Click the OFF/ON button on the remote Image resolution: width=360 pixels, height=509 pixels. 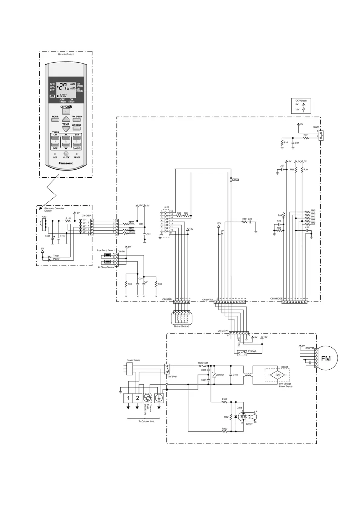(66, 111)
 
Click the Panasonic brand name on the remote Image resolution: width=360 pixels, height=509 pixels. (66, 163)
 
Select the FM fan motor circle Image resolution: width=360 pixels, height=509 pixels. (326, 358)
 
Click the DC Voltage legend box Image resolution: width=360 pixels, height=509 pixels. (301, 106)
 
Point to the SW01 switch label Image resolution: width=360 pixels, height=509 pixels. (316, 127)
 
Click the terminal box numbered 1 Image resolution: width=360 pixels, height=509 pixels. (128, 398)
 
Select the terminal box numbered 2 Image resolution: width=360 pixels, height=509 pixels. (138, 398)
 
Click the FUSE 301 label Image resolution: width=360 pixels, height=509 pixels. (203, 363)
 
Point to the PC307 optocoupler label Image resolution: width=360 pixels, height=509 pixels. (249, 424)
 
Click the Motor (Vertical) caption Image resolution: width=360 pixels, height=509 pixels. (182, 326)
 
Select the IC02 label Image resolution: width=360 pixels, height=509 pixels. (167, 208)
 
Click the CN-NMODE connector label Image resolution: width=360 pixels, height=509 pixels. (276, 299)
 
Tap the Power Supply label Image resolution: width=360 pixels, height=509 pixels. (133, 360)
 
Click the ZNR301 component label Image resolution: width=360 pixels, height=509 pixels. (220, 375)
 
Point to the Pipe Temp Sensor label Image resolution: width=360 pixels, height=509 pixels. (106, 250)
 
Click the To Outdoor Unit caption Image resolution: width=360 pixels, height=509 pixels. (146, 421)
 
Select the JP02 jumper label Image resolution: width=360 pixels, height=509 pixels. (235, 180)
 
